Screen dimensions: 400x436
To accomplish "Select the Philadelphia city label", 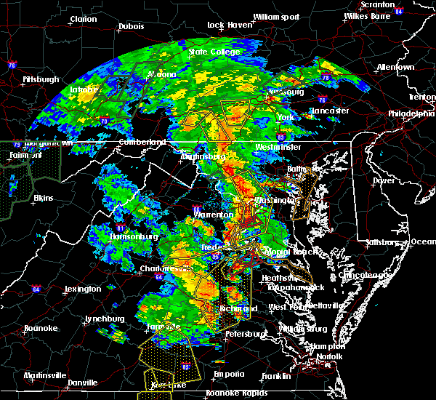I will [411, 113].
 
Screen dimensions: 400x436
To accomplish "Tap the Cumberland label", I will [137, 142].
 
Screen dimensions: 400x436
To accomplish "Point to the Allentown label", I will [396, 67].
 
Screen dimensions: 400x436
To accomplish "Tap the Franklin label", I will [275, 375].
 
